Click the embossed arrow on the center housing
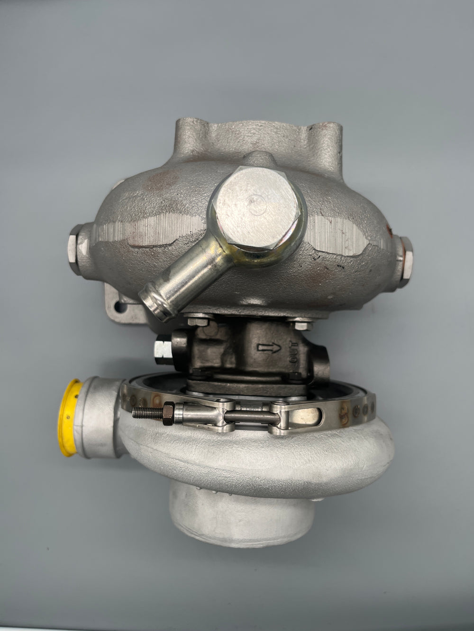coord(269,348)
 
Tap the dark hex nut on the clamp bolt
coord(168,413)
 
